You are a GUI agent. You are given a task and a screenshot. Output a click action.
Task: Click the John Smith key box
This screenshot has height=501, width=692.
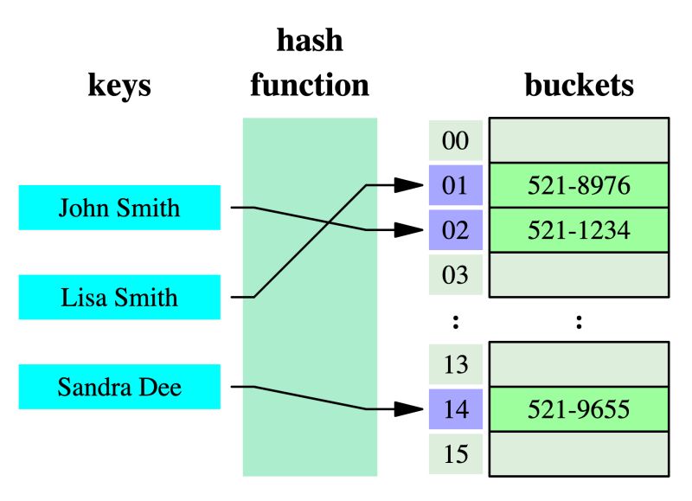click(x=119, y=208)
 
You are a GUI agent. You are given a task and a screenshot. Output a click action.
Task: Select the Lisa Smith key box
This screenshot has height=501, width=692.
click(x=119, y=298)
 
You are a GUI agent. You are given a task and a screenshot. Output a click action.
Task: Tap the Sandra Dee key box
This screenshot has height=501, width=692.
click(x=119, y=387)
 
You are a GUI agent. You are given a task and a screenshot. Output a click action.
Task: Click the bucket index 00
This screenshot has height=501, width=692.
click(x=455, y=140)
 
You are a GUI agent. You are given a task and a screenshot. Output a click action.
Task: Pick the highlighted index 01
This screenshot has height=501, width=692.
click(x=455, y=185)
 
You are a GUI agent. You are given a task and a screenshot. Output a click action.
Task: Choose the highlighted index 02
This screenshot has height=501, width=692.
click(x=455, y=230)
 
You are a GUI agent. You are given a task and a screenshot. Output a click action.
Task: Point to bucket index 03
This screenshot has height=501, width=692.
click(x=455, y=275)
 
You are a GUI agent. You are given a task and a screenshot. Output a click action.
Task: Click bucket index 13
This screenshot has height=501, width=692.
click(x=455, y=364)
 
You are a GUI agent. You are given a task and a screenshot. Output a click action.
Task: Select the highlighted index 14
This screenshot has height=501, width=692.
click(x=455, y=409)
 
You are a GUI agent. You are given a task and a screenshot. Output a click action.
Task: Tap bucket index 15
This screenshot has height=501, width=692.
click(x=455, y=453)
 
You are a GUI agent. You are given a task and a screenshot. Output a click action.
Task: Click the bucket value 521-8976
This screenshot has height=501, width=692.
click(x=579, y=185)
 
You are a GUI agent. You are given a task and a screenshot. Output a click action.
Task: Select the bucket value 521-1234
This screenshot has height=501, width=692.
click(x=579, y=230)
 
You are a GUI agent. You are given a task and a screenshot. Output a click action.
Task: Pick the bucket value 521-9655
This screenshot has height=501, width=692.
click(x=579, y=409)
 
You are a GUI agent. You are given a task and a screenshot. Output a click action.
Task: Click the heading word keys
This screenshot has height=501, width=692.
click(x=119, y=86)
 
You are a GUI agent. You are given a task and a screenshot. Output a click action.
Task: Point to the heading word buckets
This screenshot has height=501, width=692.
click(x=579, y=86)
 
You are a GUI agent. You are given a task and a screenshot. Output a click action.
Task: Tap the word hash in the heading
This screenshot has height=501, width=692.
click(x=309, y=41)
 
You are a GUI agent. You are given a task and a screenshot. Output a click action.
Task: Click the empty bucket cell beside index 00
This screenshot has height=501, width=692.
click(x=579, y=140)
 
